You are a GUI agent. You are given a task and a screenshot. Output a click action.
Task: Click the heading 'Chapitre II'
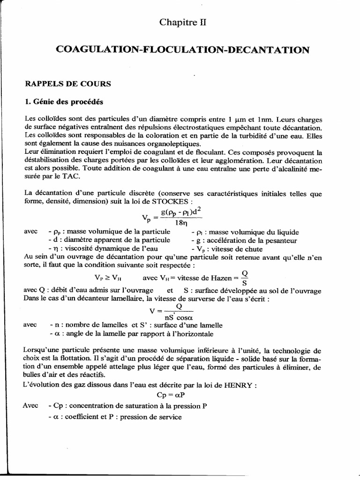(180, 22)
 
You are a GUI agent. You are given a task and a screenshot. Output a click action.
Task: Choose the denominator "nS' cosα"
(173, 316)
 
